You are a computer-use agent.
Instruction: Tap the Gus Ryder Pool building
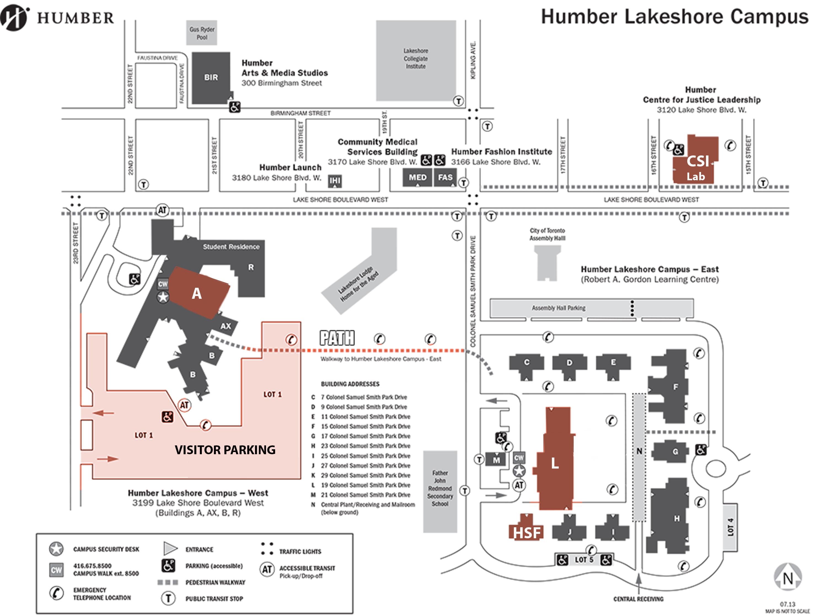point(202,33)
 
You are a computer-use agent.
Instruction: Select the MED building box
point(417,177)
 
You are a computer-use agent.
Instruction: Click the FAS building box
point(445,177)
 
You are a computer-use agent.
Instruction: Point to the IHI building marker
point(335,181)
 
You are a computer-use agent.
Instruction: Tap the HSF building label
point(527,533)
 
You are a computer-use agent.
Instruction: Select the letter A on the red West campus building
point(197,294)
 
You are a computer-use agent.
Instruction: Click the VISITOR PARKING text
point(225,450)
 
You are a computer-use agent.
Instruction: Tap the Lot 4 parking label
point(731,527)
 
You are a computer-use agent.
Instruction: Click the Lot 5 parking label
point(584,560)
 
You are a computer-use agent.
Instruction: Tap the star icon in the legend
point(56,549)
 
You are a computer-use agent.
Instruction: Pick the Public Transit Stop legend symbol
point(168,598)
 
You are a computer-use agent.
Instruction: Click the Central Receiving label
point(638,599)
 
